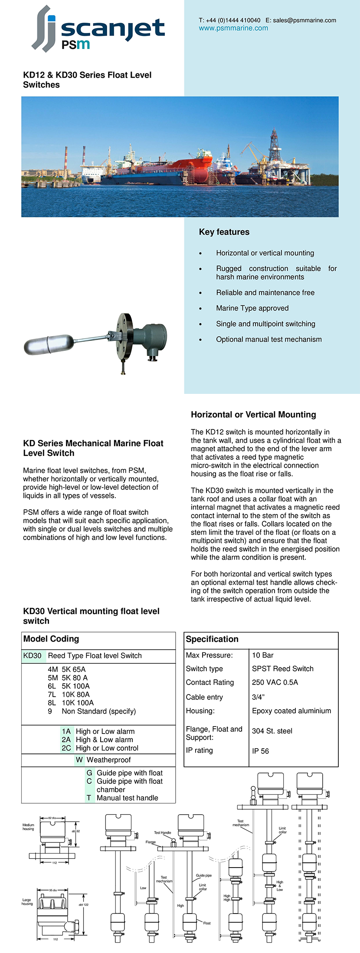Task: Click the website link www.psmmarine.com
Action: point(233,28)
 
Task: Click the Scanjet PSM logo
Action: point(98,29)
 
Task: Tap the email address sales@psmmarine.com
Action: point(304,20)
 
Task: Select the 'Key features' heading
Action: point(224,232)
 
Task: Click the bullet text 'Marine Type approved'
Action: point(252,308)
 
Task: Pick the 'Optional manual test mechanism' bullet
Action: point(269,340)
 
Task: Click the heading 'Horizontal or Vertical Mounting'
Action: point(253,415)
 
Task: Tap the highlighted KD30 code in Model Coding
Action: point(33,656)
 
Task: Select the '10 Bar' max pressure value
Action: point(263,655)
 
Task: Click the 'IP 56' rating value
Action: point(260,751)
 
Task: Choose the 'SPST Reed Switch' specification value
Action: point(283,669)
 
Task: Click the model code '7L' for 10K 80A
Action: point(52,694)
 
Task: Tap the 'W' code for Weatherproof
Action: point(79,760)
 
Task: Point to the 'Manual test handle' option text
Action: point(128,798)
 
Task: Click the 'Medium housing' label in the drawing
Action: point(28,827)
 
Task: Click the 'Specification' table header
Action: point(212,639)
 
